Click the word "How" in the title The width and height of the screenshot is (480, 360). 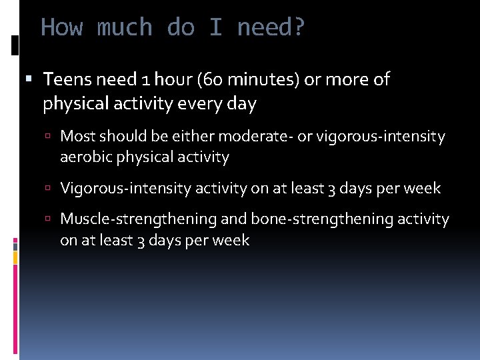pos(62,28)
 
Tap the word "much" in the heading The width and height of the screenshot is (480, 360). pos(125,28)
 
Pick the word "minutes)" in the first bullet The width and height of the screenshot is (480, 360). pos(257,80)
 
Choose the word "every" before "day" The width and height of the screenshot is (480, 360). pos(204,104)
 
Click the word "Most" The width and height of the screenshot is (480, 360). pos(77,137)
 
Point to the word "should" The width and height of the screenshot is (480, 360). pos(119,137)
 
